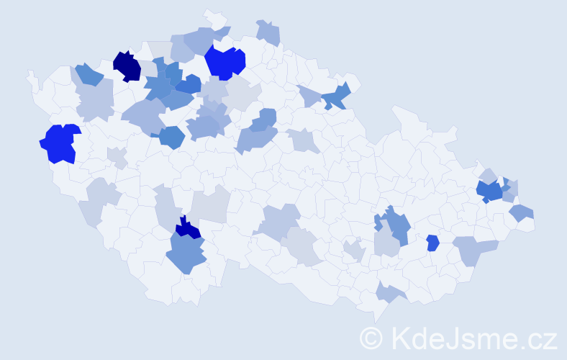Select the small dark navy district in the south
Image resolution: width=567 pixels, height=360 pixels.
(189, 229)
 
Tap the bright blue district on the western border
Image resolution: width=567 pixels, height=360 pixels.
(59, 143)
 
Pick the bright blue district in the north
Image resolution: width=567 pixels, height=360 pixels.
(224, 63)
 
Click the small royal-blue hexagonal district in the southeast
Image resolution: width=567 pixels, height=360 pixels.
(432, 243)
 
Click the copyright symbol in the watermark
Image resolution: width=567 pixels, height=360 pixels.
(371, 337)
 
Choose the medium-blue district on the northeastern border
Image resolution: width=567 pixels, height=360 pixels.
(337, 96)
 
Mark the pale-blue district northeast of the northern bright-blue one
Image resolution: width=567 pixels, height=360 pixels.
(268, 33)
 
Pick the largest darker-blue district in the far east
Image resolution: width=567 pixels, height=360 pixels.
(490, 191)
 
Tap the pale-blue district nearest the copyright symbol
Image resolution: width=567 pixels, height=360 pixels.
(389, 292)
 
